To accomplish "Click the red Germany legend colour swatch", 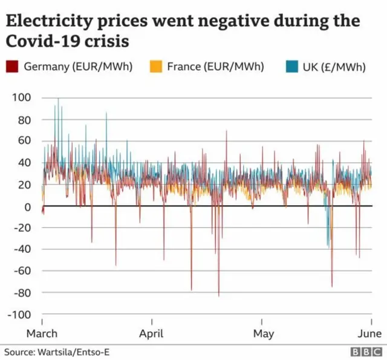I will [12, 67].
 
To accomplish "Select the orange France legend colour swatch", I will [155, 67].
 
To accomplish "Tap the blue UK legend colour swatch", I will [293, 67].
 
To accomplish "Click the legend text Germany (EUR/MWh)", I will [78, 67].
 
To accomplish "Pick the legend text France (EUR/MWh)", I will [216, 67].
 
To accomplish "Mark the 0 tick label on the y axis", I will [27, 207].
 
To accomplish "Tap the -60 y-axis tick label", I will [22, 271].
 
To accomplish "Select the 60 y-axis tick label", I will [24, 141].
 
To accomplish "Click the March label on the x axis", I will [42, 333].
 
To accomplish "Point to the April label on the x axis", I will [152, 333].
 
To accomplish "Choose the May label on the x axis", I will [263, 333].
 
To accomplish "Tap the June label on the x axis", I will [369, 333].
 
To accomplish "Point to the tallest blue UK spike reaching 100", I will [58, 99].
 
